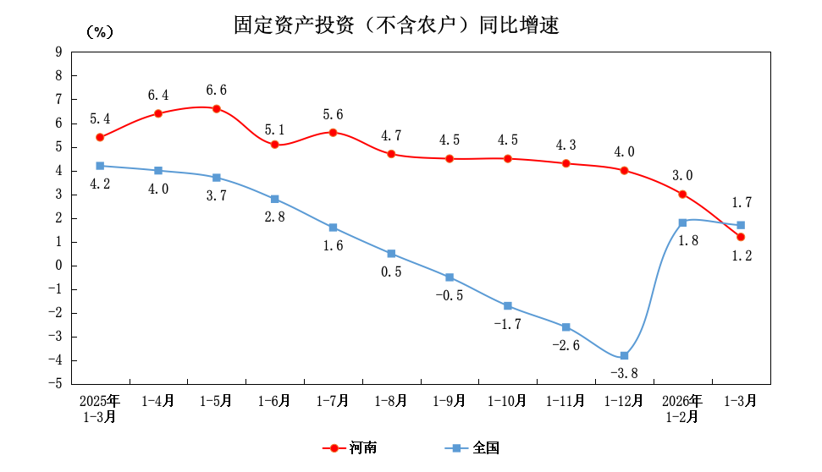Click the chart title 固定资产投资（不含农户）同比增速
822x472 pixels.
(396, 26)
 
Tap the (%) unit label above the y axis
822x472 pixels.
(99, 32)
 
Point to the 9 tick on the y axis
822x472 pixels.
(58, 52)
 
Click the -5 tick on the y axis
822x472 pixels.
(56, 384)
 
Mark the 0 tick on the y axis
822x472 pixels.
(58, 266)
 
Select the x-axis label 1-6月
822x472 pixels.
(274, 401)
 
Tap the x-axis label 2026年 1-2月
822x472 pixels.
(681, 409)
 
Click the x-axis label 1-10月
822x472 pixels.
(507, 401)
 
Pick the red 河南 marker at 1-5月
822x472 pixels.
(216, 109)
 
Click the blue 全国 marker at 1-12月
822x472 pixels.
(624, 356)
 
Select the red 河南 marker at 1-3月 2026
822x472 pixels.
(740, 237)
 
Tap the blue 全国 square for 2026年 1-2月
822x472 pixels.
(682, 222)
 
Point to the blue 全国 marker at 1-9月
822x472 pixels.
(450, 277)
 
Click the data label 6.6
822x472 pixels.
(216, 91)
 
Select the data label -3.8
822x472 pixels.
(624, 375)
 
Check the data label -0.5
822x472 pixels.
(450, 295)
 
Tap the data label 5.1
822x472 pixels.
(274, 129)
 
